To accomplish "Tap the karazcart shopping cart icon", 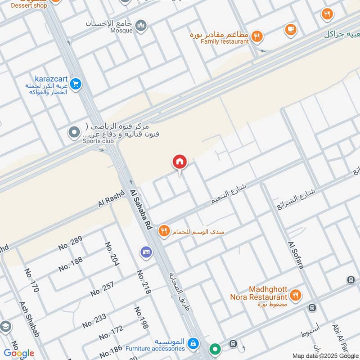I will coord(76,84).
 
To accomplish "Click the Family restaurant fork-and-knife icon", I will coord(257,36).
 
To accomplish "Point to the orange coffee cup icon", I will coord(291,30).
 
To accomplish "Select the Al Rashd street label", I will coord(108,200).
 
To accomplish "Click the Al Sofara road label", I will coord(296,255).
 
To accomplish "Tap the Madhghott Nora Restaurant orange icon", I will coord(296,295).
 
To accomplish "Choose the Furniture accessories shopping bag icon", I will coord(193,344).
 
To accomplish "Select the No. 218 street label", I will coord(144,282).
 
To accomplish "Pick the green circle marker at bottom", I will coord(216,349).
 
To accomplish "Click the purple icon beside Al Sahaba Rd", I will coord(146,251).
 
